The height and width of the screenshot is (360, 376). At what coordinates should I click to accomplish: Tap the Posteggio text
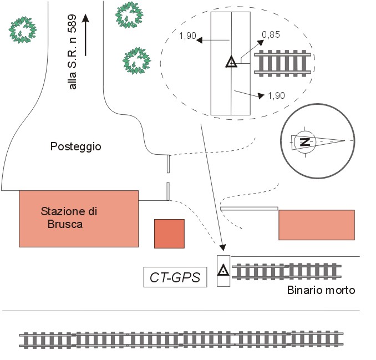pos(76,146)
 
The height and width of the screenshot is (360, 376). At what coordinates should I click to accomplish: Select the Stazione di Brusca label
pos(69,218)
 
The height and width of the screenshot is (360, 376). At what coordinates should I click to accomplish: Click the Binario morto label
pos(321,290)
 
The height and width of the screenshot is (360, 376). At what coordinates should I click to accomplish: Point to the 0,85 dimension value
pos(271,35)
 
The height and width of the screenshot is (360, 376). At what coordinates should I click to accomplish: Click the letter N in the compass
pos(304,141)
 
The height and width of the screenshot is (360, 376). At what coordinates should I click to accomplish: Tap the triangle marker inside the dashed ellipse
pos(231,62)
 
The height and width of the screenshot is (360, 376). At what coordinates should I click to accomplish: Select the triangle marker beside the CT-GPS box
pos(223,270)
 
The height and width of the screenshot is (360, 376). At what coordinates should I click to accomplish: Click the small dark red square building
pos(169,233)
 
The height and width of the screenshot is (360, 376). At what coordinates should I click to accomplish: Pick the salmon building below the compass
pos(316,225)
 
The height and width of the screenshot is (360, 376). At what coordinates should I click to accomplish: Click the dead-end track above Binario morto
pos(286,271)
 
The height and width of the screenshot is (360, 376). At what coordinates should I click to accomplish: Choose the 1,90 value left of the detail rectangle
pos(188,36)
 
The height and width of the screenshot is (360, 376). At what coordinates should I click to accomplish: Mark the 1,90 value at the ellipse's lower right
pos(276,95)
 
